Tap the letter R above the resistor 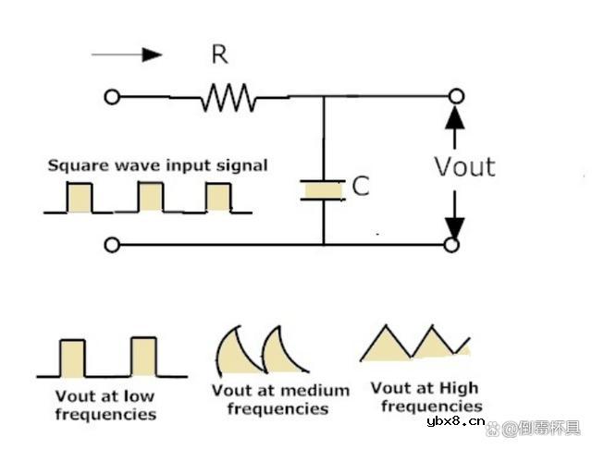pyautogui.click(x=219, y=55)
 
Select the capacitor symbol pyautogui.click(x=324, y=189)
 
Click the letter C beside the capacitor pyautogui.click(x=361, y=187)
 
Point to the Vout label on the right pyautogui.click(x=465, y=166)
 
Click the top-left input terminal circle pyautogui.click(x=112, y=96)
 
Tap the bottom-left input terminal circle pyautogui.click(x=112, y=245)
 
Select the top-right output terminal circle pyautogui.click(x=453, y=96)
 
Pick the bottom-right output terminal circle pyautogui.click(x=453, y=245)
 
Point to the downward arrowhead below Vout pyautogui.click(x=453, y=224)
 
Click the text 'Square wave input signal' pyautogui.click(x=158, y=166)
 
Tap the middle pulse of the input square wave pyautogui.click(x=150, y=197)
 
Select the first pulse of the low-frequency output pyautogui.click(x=72, y=358)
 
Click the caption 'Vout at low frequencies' pyautogui.click(x=105, y=405)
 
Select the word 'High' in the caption pyautogui.click(x=447, y=389)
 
